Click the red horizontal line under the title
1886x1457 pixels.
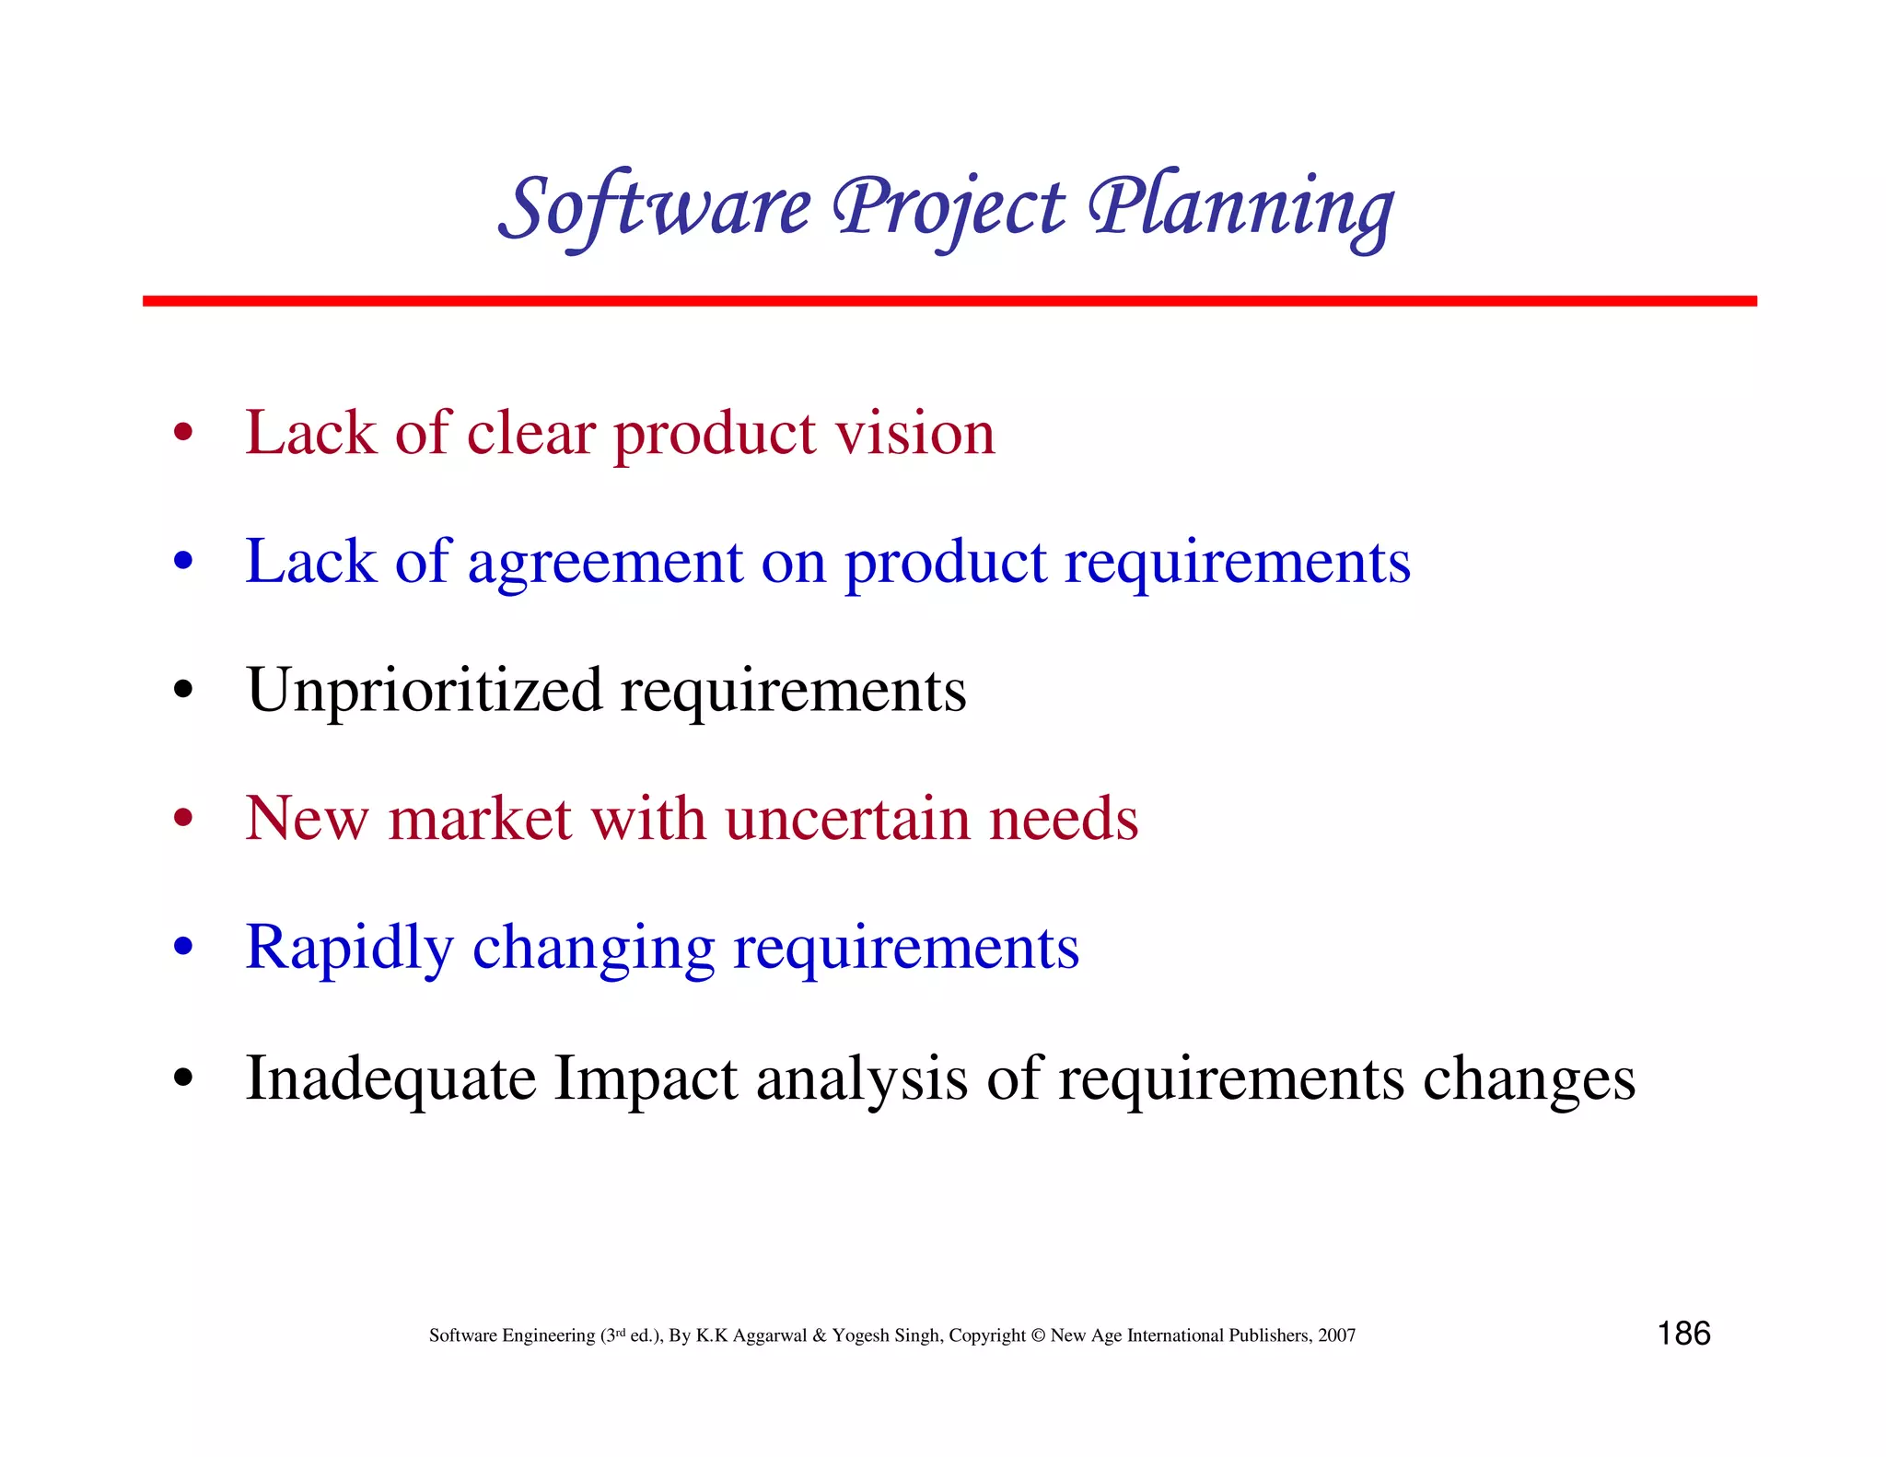949,301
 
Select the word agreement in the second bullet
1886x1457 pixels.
604,562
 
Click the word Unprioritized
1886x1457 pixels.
424,690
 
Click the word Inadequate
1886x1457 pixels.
390,1078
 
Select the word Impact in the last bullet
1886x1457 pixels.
645,1078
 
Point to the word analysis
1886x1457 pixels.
861,1078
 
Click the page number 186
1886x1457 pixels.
1683,1334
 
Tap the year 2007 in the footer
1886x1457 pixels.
1336,1335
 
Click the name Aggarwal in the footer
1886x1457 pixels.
770,1335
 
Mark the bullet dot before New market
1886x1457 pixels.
183,817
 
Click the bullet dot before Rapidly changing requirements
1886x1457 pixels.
183,946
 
